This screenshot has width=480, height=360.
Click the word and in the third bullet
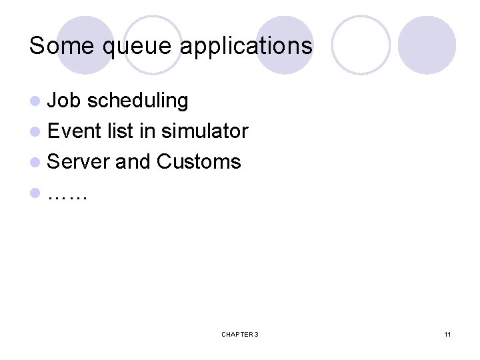point(133,161)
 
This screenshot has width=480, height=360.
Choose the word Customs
point(199,161)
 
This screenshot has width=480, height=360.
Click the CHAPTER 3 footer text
point(240,333)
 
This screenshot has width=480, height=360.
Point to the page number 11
point(447,333)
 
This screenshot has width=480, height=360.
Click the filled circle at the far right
point(427,45)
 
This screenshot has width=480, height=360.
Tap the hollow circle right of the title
point(360,45)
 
